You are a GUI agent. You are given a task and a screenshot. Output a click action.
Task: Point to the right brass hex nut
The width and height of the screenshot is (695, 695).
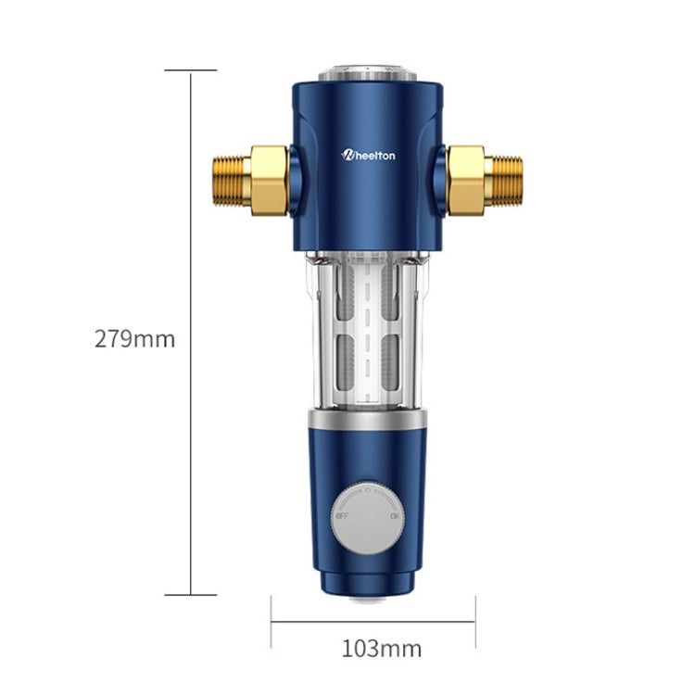point(465,179)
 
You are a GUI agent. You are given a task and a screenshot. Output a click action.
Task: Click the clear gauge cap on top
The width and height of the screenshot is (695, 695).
point(369,74)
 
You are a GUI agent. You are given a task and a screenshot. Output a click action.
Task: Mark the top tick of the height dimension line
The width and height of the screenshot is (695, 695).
point(191,69)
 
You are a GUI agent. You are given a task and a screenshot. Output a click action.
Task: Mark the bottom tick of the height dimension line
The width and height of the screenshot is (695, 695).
point(191,595)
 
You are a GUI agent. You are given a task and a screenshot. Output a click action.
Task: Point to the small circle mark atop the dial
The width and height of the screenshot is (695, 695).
point(369,484)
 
